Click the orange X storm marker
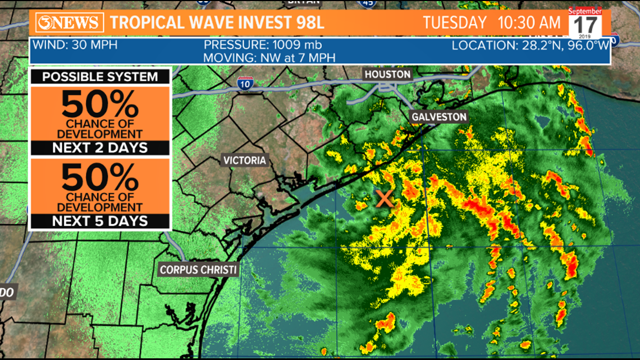385,198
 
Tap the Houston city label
387,74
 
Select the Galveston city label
439,117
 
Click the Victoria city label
245,160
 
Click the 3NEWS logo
70,23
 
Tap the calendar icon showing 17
585,23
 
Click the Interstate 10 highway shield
245,84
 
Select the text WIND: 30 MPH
75,45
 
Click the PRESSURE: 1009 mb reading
262,45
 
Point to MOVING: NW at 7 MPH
271,57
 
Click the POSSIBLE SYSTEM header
100,77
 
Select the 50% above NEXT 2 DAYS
100,104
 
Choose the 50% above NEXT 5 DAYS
100,177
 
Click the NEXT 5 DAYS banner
100,221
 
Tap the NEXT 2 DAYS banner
100,148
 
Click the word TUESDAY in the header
454,23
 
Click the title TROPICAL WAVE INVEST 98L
217,23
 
